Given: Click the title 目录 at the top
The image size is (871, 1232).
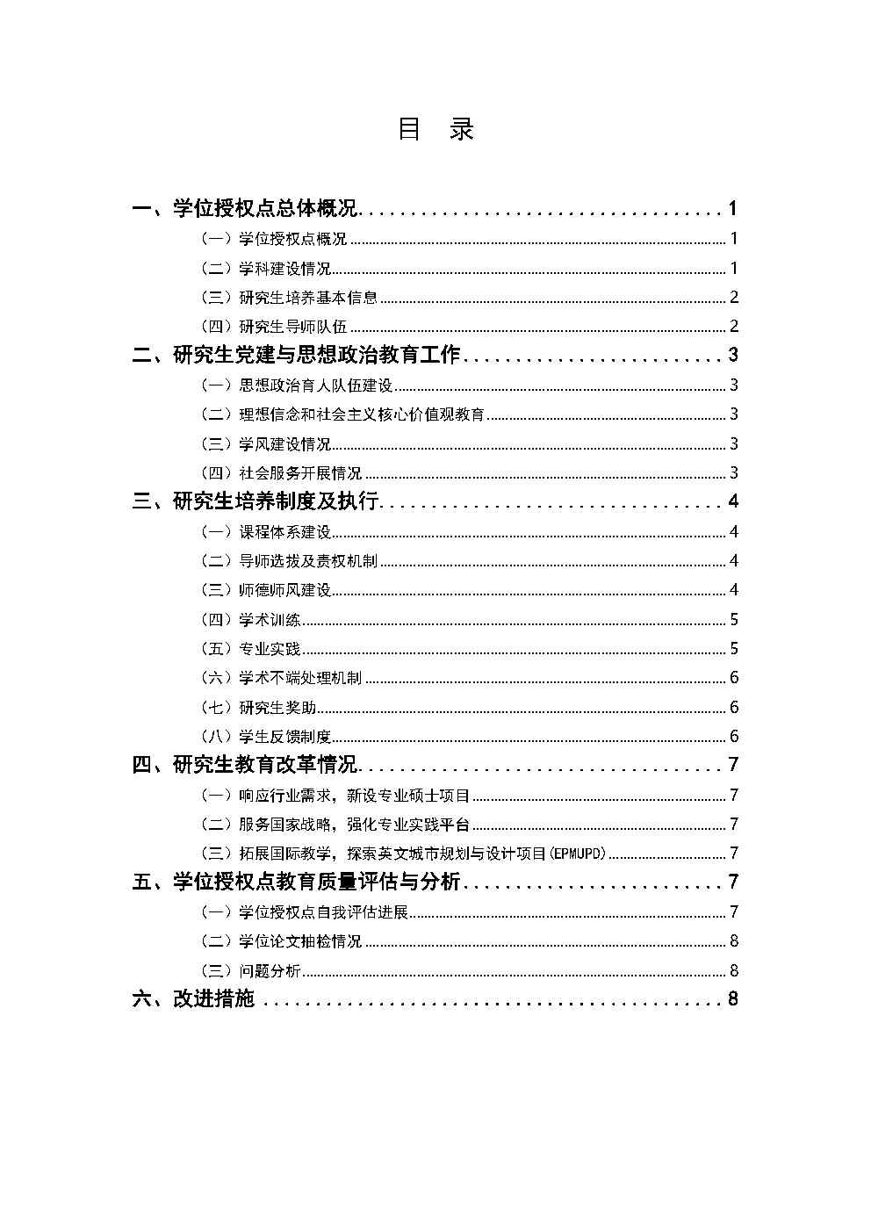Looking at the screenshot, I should pyautogui.click(x=435, y=130).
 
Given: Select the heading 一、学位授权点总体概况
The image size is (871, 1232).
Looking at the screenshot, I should pyautogui.click(x=245, y=209).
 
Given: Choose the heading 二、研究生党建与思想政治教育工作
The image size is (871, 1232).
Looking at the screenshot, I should pyautogui.click(x=296, y=356).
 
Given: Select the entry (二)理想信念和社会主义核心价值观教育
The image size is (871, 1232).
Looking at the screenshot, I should pyautogui.click(x=342, y=414).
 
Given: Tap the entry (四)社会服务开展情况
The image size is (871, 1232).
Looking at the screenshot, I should pyautogui.click(x=281, y=473).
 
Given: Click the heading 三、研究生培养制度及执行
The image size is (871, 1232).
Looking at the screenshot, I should pyautogui.click(x=256, y=501).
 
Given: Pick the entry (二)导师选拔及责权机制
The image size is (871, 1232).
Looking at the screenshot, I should pyautogui.click(x=289, y=561).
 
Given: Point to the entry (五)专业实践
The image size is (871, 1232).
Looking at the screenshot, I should pyautogui.click(x=251, y=649).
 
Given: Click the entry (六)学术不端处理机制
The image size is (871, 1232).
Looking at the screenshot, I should pyautogui.click(x=281, y=678).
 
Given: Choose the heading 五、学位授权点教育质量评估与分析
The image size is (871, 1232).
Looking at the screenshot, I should pyautogui.click(x=296, y=883).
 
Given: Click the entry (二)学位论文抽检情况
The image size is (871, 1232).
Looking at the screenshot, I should pyautogui.click(x=281, y=941).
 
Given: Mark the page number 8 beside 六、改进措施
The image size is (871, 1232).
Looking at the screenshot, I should pyautogui.click(x=733, y=999).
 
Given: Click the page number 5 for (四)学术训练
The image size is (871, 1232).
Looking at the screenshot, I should pyautogui.click(x=734, y=620).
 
